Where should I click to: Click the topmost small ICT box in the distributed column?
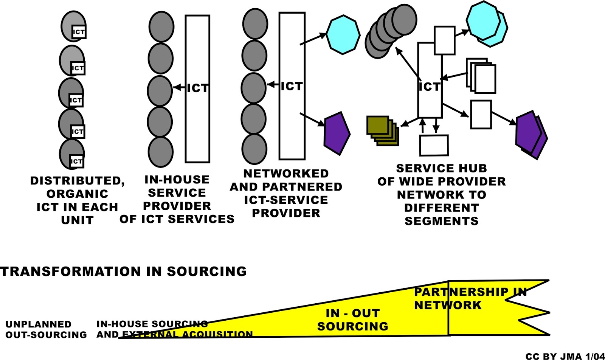pos(79,32)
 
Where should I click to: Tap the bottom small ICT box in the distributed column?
pos(76,161)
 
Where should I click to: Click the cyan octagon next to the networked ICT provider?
pos(343,35)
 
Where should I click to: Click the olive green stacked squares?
pos(382,130)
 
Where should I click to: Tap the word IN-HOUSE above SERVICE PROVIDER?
pos(177,180)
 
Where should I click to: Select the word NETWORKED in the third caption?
pos(286,174)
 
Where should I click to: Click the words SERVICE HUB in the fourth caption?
pos(441,168)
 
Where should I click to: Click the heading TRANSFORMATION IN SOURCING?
pos(123,272)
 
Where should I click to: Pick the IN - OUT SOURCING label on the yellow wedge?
pos(352,320)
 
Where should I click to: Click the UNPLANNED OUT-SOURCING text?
pos(46,329)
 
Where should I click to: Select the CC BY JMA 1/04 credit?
pos(565,356)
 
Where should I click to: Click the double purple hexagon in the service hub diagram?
pos(531,134)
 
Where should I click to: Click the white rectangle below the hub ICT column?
pos(434,145)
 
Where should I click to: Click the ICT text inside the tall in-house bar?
pos(198,88)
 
